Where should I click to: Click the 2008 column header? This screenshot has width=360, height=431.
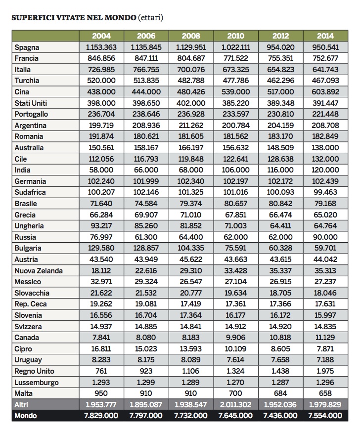coord(191,36)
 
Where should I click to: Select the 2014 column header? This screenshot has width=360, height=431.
coord(325,36)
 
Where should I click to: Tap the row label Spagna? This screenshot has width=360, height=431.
coord(27,47)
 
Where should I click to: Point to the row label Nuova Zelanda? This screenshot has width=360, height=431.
coord(39,271)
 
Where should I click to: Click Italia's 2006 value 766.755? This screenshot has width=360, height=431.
coord(146,70)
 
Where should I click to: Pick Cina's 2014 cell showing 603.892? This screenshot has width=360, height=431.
coord(325,92)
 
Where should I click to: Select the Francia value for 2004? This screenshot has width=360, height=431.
coord(101,58)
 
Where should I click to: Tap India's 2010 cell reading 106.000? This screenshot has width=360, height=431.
coord(236,170)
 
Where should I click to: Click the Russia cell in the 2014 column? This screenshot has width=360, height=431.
coord(325,237)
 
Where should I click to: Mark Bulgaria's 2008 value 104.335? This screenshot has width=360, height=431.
coord(191,248)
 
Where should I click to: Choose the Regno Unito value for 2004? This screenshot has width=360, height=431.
coord(101,371)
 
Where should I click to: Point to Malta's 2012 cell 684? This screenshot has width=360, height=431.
coord(280,393)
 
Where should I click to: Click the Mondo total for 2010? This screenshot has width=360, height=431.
coord(236,416)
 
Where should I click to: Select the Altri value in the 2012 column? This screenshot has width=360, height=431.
coord(280,405)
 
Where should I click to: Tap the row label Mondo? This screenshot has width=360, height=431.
coord(26,416)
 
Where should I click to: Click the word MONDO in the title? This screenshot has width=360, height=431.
coord(121,18)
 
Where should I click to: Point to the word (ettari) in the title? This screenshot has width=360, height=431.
coord(150,18)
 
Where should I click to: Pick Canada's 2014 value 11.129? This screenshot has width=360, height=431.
coord(325,338)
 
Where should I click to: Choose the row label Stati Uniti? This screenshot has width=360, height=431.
coord(31,103)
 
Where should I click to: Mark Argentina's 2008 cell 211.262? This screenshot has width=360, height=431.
coord(191,126)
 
